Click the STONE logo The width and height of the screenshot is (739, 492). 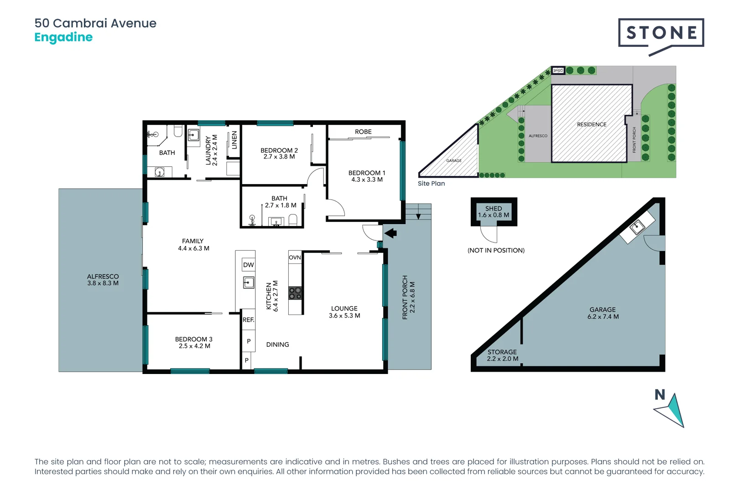(x=661, y=33)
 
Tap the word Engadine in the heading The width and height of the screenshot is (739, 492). (x=63, y=37)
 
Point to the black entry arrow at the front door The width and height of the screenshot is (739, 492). (x=390, y=234)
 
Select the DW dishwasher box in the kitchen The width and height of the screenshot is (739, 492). (x=248, y=265)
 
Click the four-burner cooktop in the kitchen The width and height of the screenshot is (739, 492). (x=295, y=293)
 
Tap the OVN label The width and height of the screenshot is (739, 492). (x=295, y=257)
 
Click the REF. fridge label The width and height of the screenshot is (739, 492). (x=248, y=320)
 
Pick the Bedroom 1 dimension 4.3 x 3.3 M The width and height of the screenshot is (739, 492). (x=367, y=179)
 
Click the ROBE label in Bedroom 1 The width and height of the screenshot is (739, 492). (x=363, y=132)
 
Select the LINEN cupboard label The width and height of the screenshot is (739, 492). (x=234, y=140)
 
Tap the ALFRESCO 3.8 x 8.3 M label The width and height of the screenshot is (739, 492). (x=103, y=280)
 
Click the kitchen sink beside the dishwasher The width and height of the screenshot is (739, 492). (x=248, y=283)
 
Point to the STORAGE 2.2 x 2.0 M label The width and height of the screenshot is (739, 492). (x=502, y=355)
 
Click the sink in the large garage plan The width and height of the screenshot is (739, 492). (x=637, y=226)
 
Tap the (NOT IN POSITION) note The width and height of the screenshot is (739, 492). (x=496, y=250)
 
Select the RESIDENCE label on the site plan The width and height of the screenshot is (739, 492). (x=591, y=124)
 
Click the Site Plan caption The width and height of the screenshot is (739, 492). (x=431, y=184)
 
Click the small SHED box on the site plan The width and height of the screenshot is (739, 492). (x=558, y=71)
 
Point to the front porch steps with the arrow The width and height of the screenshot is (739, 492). (x=418, y=212)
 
